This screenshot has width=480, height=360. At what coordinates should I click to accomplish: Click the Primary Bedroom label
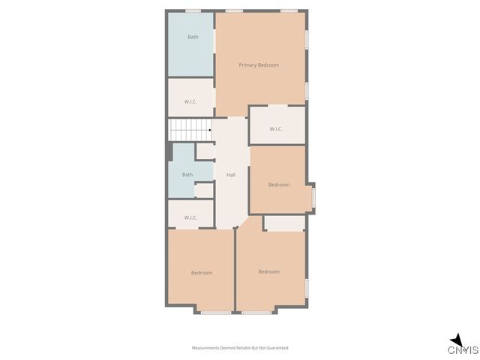click(259, 65)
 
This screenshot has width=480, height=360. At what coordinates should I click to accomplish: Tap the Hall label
click(231, 175)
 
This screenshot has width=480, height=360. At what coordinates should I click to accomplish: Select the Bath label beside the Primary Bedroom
click(193, 37)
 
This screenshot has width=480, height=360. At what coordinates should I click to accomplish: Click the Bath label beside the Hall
click(187, 175)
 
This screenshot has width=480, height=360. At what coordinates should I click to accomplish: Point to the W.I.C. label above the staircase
click(190, 101)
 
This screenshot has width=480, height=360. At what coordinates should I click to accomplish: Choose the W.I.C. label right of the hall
click(276, 129)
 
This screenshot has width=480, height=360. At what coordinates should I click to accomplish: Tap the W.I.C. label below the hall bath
click(190, 218)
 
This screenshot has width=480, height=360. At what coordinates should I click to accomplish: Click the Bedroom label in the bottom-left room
click(201, 273)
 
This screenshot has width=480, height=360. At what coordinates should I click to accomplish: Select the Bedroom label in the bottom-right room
click(268, 271)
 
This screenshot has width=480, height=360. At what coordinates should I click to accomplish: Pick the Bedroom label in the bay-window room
click(279, 184)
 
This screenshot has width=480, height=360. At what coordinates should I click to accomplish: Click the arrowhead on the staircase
click(209, 129)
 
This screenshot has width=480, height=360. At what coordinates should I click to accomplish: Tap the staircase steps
click(187, 129)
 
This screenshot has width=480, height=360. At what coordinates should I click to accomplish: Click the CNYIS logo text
click(463, 350)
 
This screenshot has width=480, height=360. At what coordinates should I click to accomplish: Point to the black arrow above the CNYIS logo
click(456, 338)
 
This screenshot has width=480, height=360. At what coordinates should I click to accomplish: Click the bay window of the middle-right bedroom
click(313, 197)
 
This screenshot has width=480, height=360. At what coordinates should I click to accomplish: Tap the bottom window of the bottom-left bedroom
click(216, 311)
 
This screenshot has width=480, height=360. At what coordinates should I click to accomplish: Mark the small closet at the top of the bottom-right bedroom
click(284, 223)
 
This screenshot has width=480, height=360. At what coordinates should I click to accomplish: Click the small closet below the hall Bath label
click(203, 190)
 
